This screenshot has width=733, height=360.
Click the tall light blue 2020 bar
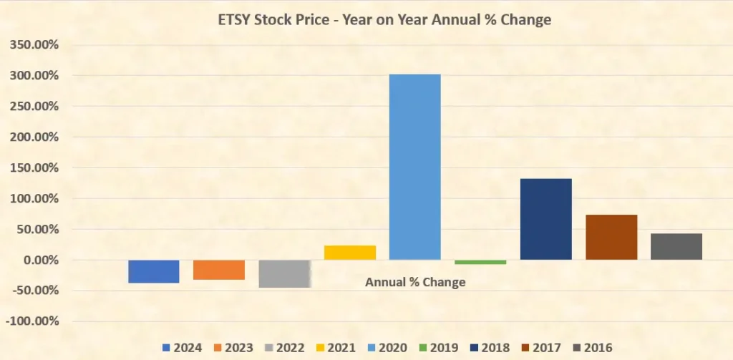415,167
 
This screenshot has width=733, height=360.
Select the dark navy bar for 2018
545,219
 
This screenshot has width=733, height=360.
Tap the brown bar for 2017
611,237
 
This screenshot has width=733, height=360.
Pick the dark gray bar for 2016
676,246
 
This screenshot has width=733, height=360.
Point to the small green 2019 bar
480,262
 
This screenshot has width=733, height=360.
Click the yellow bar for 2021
350,253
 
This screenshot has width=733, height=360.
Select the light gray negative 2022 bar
284,273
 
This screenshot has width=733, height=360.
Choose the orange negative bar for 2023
219,270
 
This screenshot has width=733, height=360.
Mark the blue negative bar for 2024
154,271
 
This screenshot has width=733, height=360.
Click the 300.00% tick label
34,75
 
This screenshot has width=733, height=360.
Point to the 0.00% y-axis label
39,260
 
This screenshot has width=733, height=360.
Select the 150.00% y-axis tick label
34,167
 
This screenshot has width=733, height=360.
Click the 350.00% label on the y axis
34,44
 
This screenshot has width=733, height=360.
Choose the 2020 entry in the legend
387,348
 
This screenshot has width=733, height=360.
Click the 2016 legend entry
591,348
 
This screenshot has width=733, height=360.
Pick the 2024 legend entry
183,348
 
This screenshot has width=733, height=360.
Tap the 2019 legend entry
437,348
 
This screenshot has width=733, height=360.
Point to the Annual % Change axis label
415,282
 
